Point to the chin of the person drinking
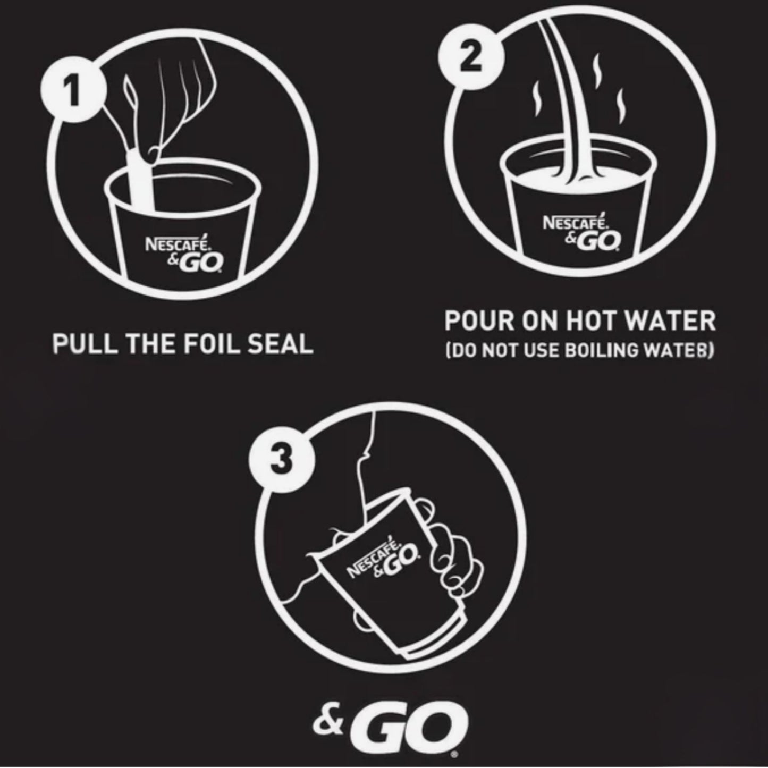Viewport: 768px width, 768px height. click(362, 458)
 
